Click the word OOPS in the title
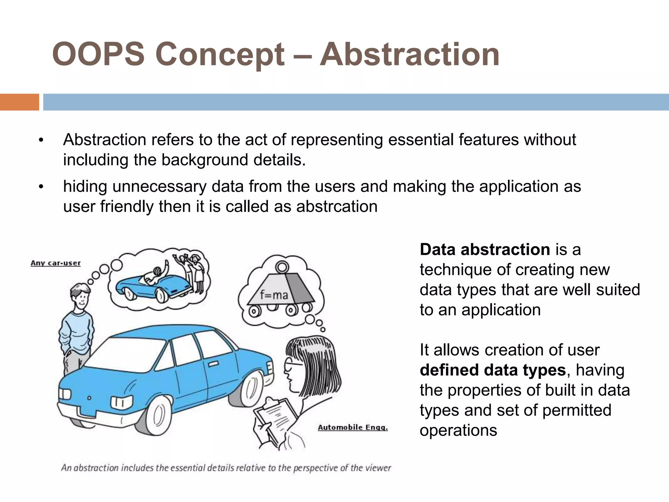[x=98, y=54]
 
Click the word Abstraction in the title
[x=409, y=54]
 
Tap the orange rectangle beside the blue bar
[x=19, y=102]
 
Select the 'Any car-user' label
[x=56, y=263]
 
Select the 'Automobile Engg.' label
[x=353, y=427]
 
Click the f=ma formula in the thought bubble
[x=274, y=295]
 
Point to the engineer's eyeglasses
[x=291, y=364]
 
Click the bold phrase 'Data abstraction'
[x=485, y=250]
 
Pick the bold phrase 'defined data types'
[x=493, y=370]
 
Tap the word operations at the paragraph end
[x=458, y=430]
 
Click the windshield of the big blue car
[x=131, y=355]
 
